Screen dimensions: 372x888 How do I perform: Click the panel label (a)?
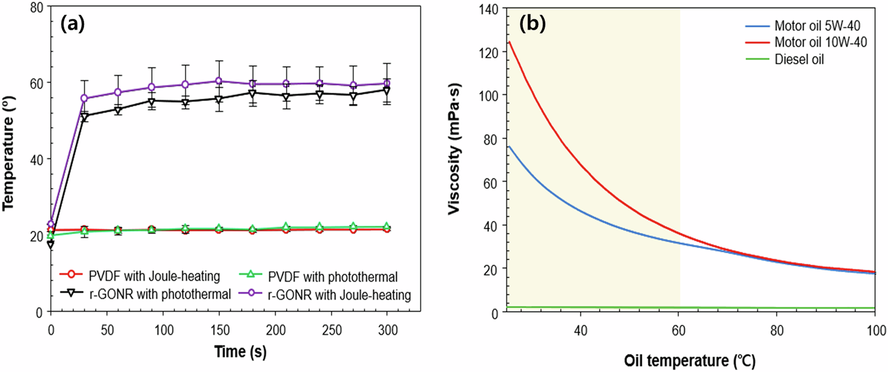pos(73,24)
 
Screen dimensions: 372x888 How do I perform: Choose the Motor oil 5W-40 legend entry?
pos(817,26)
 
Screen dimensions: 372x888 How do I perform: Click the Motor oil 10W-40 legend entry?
pos(821,42)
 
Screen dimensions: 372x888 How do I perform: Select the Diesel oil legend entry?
pos(799,59)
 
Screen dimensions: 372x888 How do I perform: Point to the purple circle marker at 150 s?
pos(219,81)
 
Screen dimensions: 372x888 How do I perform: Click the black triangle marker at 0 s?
pos(51,244)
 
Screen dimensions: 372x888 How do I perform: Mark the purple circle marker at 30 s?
pos(84,98)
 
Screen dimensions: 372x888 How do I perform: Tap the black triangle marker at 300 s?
pos(387,91)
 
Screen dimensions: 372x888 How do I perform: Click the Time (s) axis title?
pos(240,351)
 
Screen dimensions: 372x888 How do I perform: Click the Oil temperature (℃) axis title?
pos(690,361)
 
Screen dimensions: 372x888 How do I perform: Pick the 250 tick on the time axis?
pos(331,330)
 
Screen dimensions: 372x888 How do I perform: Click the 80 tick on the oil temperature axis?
pos(777,330)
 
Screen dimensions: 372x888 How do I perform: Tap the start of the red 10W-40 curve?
pos(509,42)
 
